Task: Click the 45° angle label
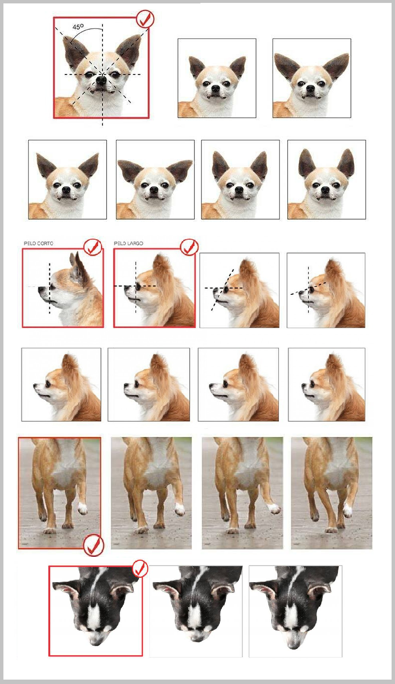click(x=78, y=27)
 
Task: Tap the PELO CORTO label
click(x=39, y=244)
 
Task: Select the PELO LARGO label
click(x=128, y=244)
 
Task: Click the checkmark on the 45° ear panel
click(x=145, y=19)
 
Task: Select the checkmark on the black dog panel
click(x=140, y=569)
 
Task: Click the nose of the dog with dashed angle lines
click(x=101, y=80)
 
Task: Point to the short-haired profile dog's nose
click(x=40, y=289)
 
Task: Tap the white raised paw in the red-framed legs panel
click(x=82, y=508)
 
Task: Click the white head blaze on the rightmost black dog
click(x=290, y=616)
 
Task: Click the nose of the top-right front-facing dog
click(x=310, y=89)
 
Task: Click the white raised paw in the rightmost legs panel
click(x=347, y=510)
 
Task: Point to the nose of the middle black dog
click(x=196, y=641)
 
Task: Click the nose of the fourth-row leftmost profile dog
click(x=35, y=387)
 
